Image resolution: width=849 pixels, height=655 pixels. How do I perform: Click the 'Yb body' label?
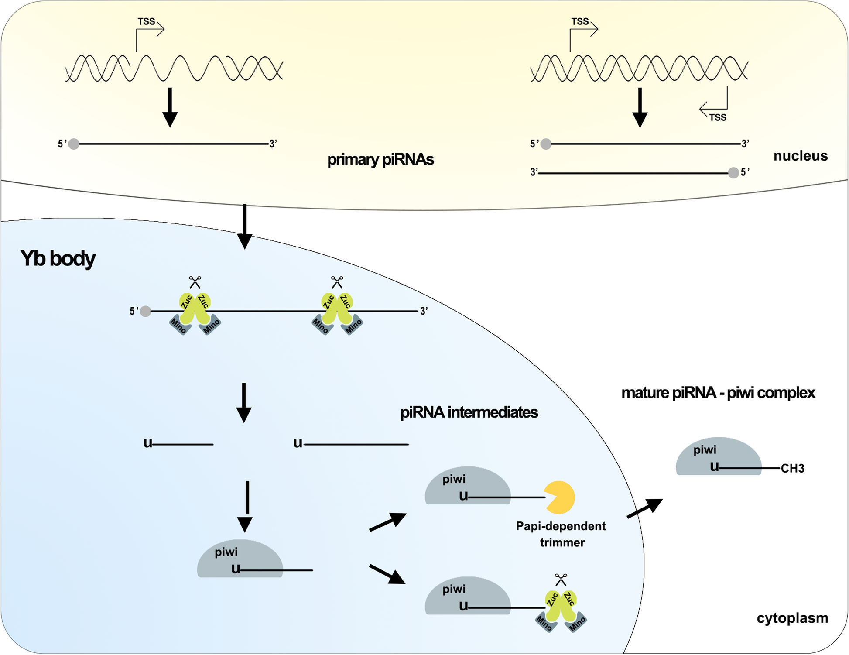click(58, 258)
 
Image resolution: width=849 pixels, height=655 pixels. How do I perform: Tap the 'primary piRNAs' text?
click(380, 160)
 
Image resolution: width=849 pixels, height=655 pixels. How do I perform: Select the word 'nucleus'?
click(800, 156)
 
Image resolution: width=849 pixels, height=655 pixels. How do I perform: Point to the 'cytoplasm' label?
click(792, 618)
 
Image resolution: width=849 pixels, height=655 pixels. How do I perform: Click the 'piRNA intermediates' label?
click(469, 412)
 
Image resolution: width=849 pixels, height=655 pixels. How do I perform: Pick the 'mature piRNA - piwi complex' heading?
click(718, 393)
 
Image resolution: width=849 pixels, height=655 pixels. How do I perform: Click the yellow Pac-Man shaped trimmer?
click(560, 497)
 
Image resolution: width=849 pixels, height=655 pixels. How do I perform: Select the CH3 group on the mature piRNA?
click(792, 469)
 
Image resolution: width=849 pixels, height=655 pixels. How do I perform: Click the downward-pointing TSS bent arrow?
click(714, 105)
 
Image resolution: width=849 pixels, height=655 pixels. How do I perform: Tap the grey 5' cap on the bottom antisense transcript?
click(733, 173)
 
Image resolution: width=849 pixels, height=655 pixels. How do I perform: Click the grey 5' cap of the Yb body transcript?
click(146, 311)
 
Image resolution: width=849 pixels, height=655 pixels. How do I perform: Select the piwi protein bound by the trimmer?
click(468, 486)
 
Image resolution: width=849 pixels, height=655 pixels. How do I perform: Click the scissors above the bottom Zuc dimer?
click(561, 580)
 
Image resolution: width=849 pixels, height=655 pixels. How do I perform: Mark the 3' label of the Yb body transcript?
click(424, 311)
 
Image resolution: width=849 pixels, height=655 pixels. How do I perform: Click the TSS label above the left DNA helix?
click(146, 21)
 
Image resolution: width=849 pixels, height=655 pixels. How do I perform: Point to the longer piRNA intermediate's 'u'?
click(298, 443)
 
